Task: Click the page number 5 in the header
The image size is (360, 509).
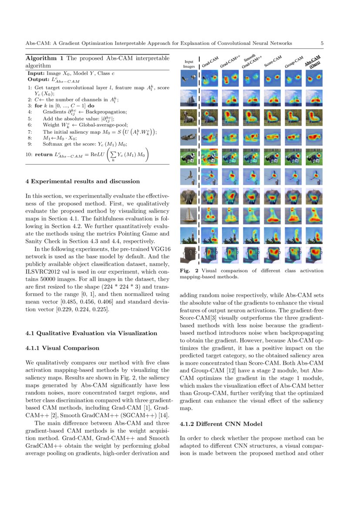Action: click(322, 43)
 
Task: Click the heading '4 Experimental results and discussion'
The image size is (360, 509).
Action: click(82, 181)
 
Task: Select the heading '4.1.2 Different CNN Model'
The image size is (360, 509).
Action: click(215, 424)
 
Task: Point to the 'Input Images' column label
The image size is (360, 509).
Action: click(188, 64)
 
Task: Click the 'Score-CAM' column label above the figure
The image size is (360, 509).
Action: click(273, 61)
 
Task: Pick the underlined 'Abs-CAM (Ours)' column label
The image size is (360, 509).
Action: click(313, 61)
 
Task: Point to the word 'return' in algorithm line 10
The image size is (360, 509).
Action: click(44, 155)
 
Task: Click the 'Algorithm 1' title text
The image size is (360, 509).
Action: click(45, 58)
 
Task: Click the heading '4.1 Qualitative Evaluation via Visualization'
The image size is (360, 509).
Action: click(91, 333)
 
